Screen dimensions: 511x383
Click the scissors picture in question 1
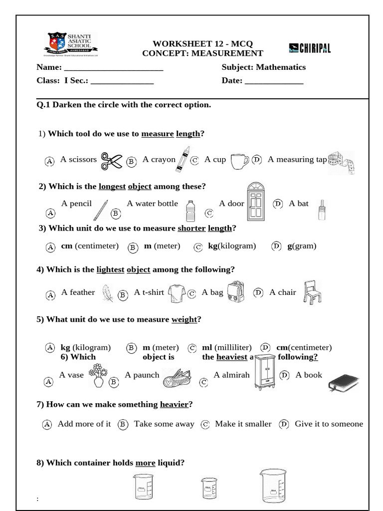pyautogui.click(x=112, y=161)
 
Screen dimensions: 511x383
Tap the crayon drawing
pyautogui.click(x=183, y=159)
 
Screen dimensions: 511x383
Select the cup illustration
pyautogui.click(x=239, y=161)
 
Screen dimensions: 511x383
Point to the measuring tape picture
pyautogui.click(x=342, y=163)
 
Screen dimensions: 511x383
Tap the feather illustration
pyautogui.click(x=107, y=293)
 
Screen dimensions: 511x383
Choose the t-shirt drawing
pyautogui.click(x=177, y=293)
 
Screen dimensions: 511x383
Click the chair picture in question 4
pyautogui.click(x=312, y=292)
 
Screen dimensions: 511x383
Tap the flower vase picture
pyautogui.click(x=98, y=375)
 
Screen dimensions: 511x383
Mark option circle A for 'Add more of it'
pyautogui.click(x=47, y=425)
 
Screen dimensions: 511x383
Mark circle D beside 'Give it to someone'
pyautogui.click(x=284, y=424)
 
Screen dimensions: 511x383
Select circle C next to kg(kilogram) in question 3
pyautogui.click(x=198, y=247)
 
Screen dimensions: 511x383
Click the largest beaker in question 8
pyautogui.click(x=273, y=486)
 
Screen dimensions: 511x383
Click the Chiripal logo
pyautogui.click(x=310, y=48)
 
